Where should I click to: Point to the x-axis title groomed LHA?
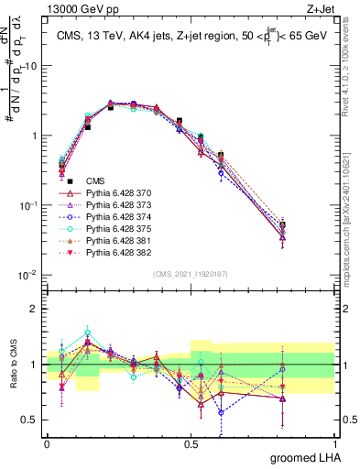(305, 457)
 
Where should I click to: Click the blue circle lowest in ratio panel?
(221, 412)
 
